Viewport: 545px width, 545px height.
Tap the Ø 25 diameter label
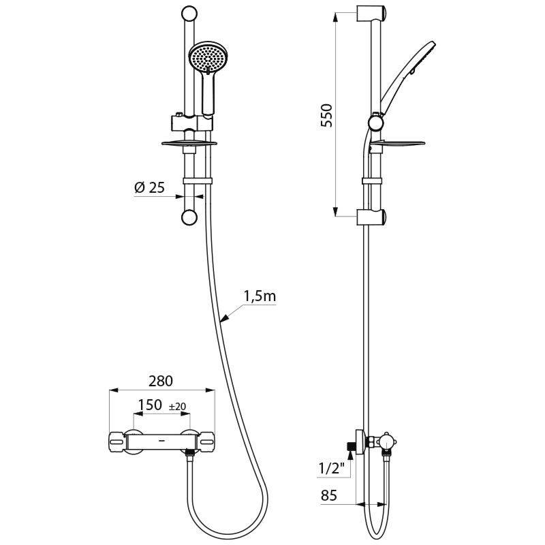[149, 187]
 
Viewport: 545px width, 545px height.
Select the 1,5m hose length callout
[260, 297]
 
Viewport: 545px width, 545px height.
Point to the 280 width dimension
[161, 380]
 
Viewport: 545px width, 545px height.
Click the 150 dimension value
[150, 405]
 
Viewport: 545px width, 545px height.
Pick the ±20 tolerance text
[177, 406]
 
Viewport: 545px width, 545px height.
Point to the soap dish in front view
[187, 142]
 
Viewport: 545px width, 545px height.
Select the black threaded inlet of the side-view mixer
[352, 446]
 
